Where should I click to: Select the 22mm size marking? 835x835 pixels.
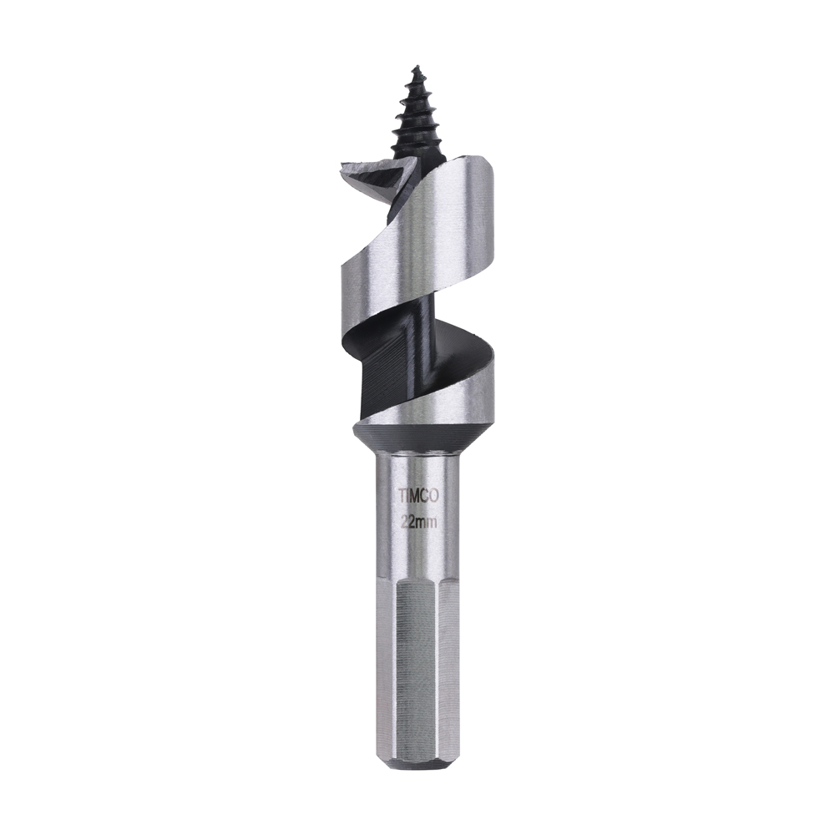pyautogui.click(x=417, y=522)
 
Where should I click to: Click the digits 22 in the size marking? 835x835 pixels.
pyautogui.click(x=407, y=522)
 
